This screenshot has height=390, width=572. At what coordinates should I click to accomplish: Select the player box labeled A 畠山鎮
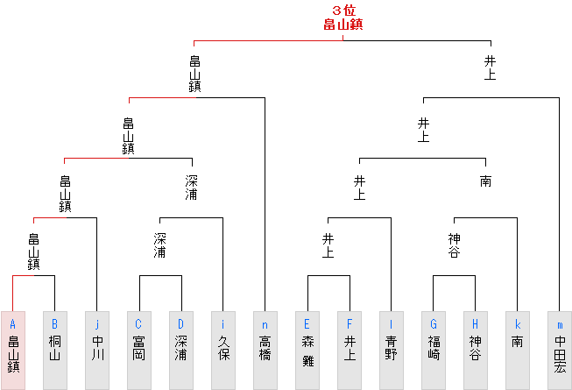click(12, 350)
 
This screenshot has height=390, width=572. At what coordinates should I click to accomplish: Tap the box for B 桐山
click(54, 350)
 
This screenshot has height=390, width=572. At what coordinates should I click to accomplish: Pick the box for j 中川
click(96, 350)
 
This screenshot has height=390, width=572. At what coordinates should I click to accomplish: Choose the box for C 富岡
click(138, 350)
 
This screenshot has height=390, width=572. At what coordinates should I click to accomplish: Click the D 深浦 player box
click(180, 350)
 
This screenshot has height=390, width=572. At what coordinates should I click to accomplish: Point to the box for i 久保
click(222, 350)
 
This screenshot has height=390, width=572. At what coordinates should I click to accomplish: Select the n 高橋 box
click(265, 350)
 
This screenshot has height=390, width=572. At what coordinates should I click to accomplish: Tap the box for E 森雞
click(307, 350)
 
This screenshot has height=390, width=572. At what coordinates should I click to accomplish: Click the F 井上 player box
click(349, 350)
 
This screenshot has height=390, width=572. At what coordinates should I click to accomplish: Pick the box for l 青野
click(391, 350)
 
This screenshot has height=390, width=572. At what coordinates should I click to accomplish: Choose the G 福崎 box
click(433, 350)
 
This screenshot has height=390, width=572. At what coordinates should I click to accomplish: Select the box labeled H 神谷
click(475, 350)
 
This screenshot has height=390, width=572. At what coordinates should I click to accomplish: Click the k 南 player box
click(517, 350)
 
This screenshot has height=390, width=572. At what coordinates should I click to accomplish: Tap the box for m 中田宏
click(559, 350)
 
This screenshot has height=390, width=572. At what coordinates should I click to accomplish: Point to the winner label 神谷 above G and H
click(454, 245)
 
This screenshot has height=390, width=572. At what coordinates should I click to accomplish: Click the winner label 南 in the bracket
click(485, 181)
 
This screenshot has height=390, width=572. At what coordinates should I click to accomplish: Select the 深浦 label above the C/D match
click(160, 245)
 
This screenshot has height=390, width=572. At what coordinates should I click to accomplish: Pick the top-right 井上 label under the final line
click(491, 67)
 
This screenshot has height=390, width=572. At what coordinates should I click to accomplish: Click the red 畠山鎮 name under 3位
click(342, 25)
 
